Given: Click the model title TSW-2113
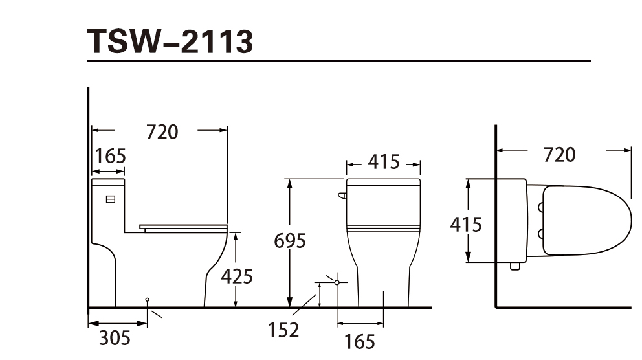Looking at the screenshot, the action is (170, 41).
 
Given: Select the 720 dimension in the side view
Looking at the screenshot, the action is (162, 132).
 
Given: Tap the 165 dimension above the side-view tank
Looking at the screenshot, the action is (110, 156).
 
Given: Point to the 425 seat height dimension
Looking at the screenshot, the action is (237, 276).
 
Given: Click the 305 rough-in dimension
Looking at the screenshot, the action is (115, 338).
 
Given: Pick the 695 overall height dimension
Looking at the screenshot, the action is (290, 241).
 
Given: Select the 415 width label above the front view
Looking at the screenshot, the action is (383, 162).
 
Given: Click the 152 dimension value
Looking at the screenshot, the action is (283, 330).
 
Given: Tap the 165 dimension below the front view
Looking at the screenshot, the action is (359, 342).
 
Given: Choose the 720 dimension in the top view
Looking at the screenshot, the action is (559, 155).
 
